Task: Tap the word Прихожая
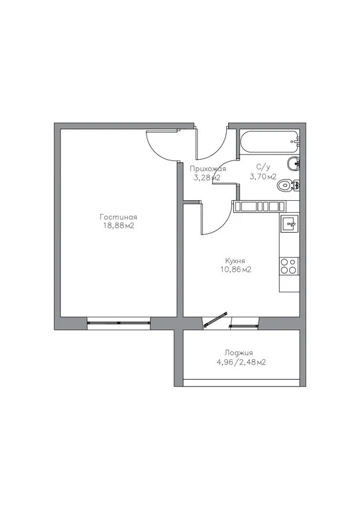[x=208, y=169]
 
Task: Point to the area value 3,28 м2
[x=207, y=178]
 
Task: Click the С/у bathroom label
[x=263, y=168]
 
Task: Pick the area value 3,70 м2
[x=263, y=177]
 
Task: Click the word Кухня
[x=235, y=260]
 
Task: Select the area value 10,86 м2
[x=235, y=270]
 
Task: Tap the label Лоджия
[x=239, y=353]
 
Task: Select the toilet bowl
[x=287, y=185]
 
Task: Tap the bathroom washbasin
[x=294, y=164]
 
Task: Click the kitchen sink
[x=290, y=224]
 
